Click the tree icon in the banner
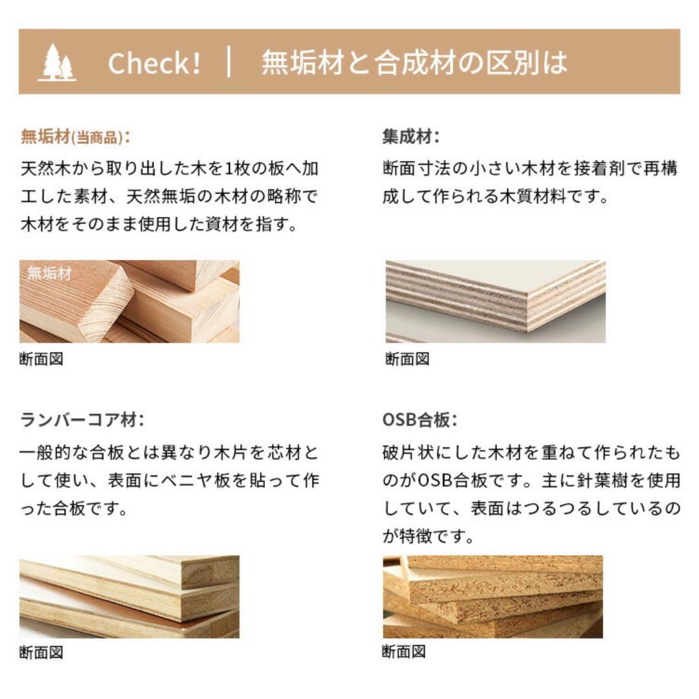point(58,63)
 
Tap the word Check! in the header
point(154,63)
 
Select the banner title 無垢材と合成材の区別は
point(414,63)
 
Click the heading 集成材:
point(411,137)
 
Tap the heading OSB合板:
point(420,420)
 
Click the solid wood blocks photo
point(129,302)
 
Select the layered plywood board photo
point(495,302)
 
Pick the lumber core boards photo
point(129,597)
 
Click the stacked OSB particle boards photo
point(493,597)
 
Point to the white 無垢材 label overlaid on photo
point(49,273)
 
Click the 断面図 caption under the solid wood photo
point(41,359)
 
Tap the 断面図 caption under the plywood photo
point(407,359)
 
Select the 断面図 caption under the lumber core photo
point(41,652)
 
